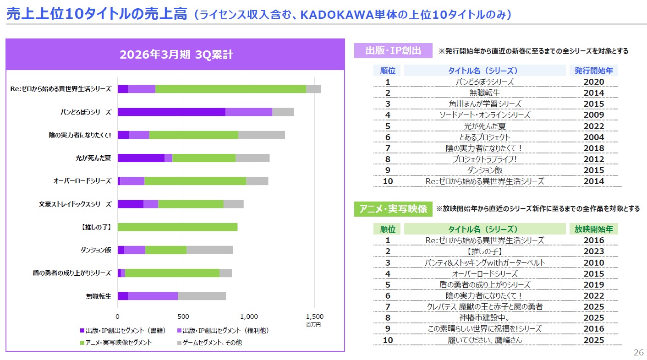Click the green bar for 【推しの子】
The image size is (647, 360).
click(177, 227)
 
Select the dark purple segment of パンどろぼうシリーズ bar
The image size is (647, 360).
click(171, 112)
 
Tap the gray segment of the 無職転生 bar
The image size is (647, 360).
click(202, 296)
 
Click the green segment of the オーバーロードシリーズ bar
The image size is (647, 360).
click(195, 181)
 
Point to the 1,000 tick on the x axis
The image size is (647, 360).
click(249, 316)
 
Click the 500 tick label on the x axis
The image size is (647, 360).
click(183, 316)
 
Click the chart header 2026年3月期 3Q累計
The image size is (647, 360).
click(176, 55)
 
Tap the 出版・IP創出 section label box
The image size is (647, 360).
click(393, 51)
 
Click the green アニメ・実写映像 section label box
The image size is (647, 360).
click(393, 209)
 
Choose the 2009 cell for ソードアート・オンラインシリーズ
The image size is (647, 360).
click(594, 115)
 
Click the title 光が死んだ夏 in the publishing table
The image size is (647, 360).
click(485, 126)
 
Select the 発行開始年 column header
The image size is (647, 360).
click(594, 71)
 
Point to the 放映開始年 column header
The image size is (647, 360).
click(594, 229)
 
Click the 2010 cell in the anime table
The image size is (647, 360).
click(594, 262)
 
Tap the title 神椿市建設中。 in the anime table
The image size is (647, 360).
click(485, 318)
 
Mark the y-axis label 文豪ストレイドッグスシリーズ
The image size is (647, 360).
click(75, 204)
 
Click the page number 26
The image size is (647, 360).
click(638, 353)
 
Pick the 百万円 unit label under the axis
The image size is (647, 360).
click(313, 325)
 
